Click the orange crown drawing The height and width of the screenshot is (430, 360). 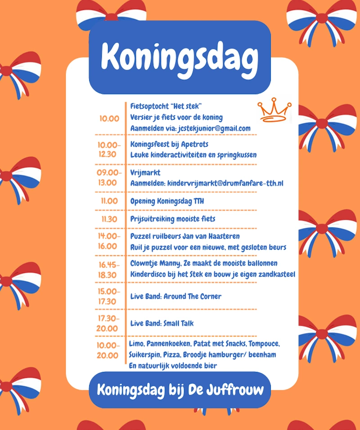coord(274,111)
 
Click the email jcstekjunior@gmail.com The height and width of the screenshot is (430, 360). coord(209,129)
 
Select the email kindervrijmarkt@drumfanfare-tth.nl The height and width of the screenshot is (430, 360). coord(225,183)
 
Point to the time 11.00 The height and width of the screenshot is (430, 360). coord(109,201)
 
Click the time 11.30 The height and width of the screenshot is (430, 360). coord(109,219)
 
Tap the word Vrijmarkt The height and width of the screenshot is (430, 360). coord(145,172)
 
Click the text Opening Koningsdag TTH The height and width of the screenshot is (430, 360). coord(167,201)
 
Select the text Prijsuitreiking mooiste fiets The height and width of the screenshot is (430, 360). coord(173,219)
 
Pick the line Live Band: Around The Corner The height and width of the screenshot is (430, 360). coord(176,296)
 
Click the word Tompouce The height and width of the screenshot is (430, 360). coord(263,344)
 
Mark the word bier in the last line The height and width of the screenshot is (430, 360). coord(209,366)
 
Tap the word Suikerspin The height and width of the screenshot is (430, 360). coord(144,355)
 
